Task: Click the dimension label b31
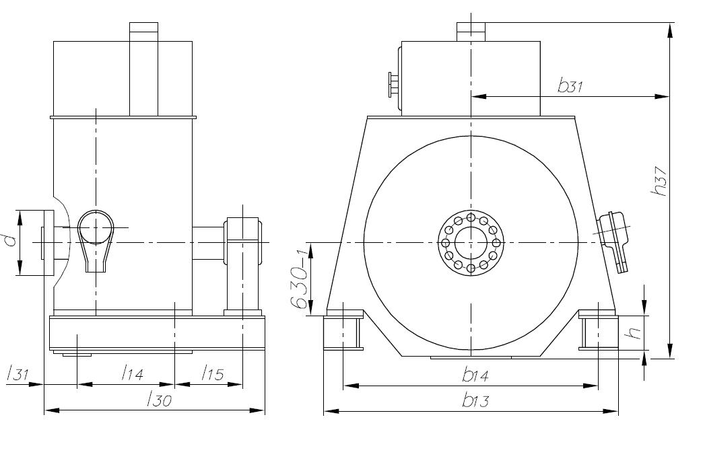(x=570, y=86)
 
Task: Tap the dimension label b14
(x=475, y=375)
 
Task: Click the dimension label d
(x=9, y=240)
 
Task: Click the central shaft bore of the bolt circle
(x=469, y=242)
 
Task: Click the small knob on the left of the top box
(x=392, y=85)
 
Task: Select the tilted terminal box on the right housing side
(x=616, y=240)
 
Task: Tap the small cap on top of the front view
(x=471, y=31)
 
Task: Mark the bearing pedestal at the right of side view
(x=243, y=266)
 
